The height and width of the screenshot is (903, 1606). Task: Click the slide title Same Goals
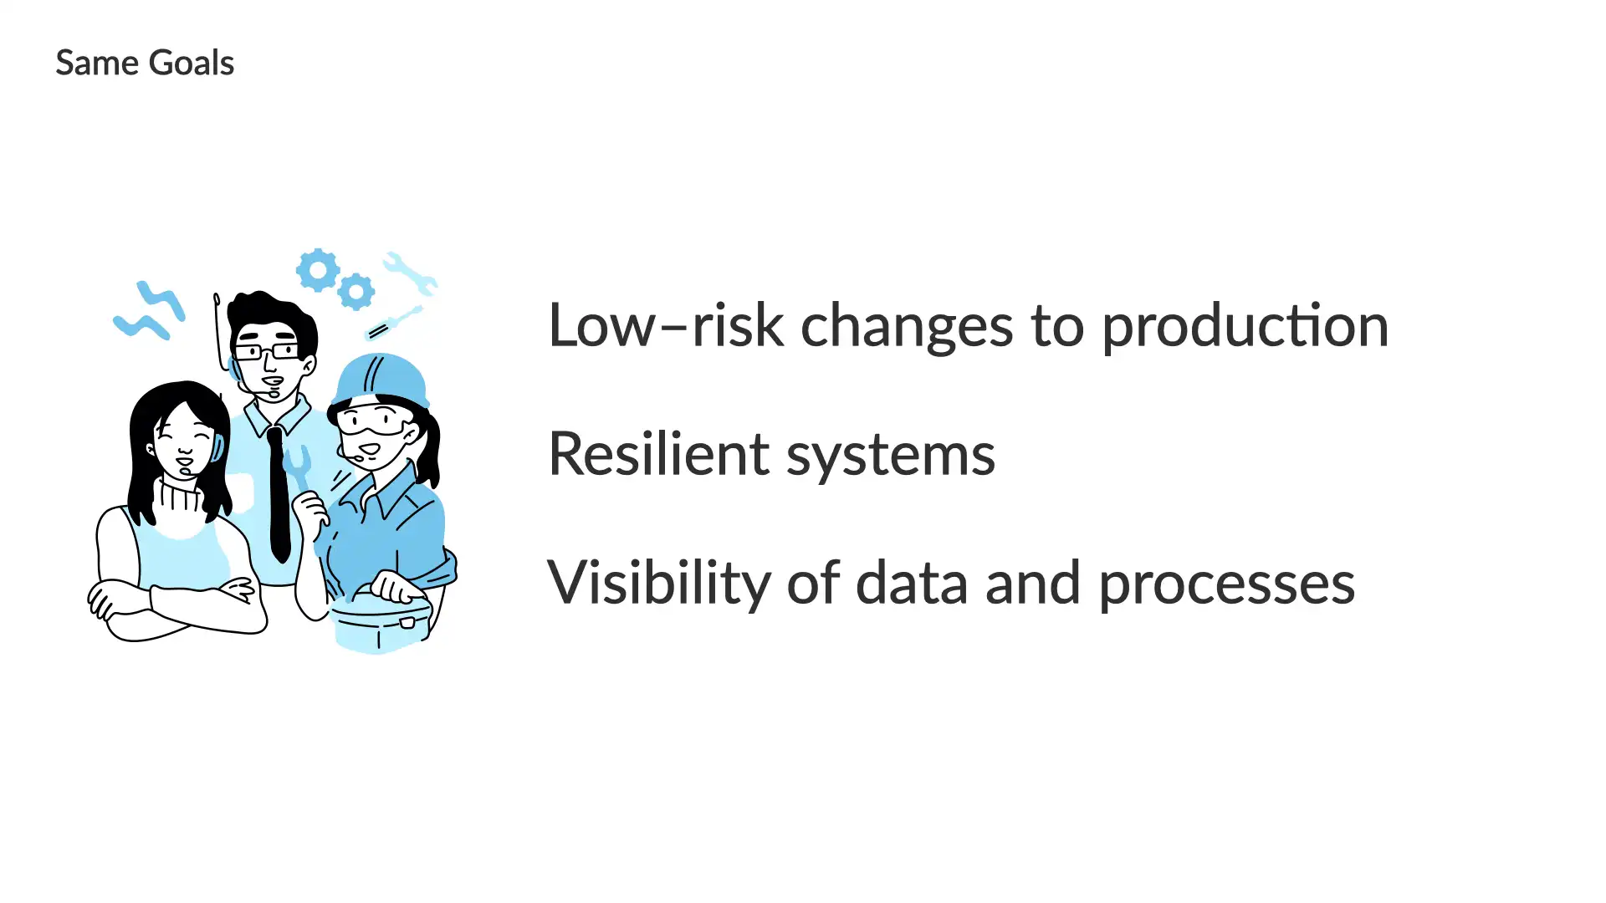coord(145,63)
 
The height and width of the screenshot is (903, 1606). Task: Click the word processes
coord(1227,585)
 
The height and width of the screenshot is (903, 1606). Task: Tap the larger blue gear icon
coord(318,270)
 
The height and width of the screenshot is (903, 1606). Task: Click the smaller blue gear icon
coord(356,292)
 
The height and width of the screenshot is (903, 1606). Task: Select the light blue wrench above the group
coord(410,273)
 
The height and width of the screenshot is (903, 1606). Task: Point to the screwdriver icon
coord(394,323)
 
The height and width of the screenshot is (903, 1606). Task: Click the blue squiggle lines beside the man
coord(150,312)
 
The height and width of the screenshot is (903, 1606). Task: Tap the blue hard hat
coord(381,380)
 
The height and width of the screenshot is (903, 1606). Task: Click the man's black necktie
coord(278,493)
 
